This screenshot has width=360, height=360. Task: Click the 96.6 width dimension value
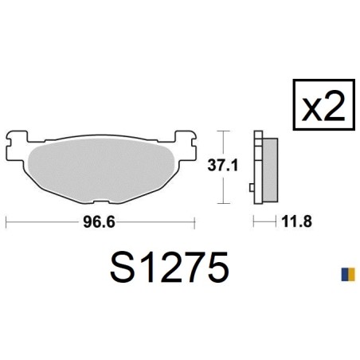[99, 222]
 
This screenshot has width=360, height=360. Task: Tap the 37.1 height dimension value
[223, 165]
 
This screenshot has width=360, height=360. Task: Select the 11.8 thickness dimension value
[297, 221]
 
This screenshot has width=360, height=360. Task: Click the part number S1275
[170, 267]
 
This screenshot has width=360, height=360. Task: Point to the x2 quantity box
[324, 104]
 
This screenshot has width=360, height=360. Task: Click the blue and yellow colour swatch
[348, 274]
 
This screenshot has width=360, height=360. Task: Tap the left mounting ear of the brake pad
[17, 145]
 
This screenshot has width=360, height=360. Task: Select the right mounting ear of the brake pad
[186, 145]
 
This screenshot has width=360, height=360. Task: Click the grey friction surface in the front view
[101, 170]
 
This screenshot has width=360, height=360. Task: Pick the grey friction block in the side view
[270, 170]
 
